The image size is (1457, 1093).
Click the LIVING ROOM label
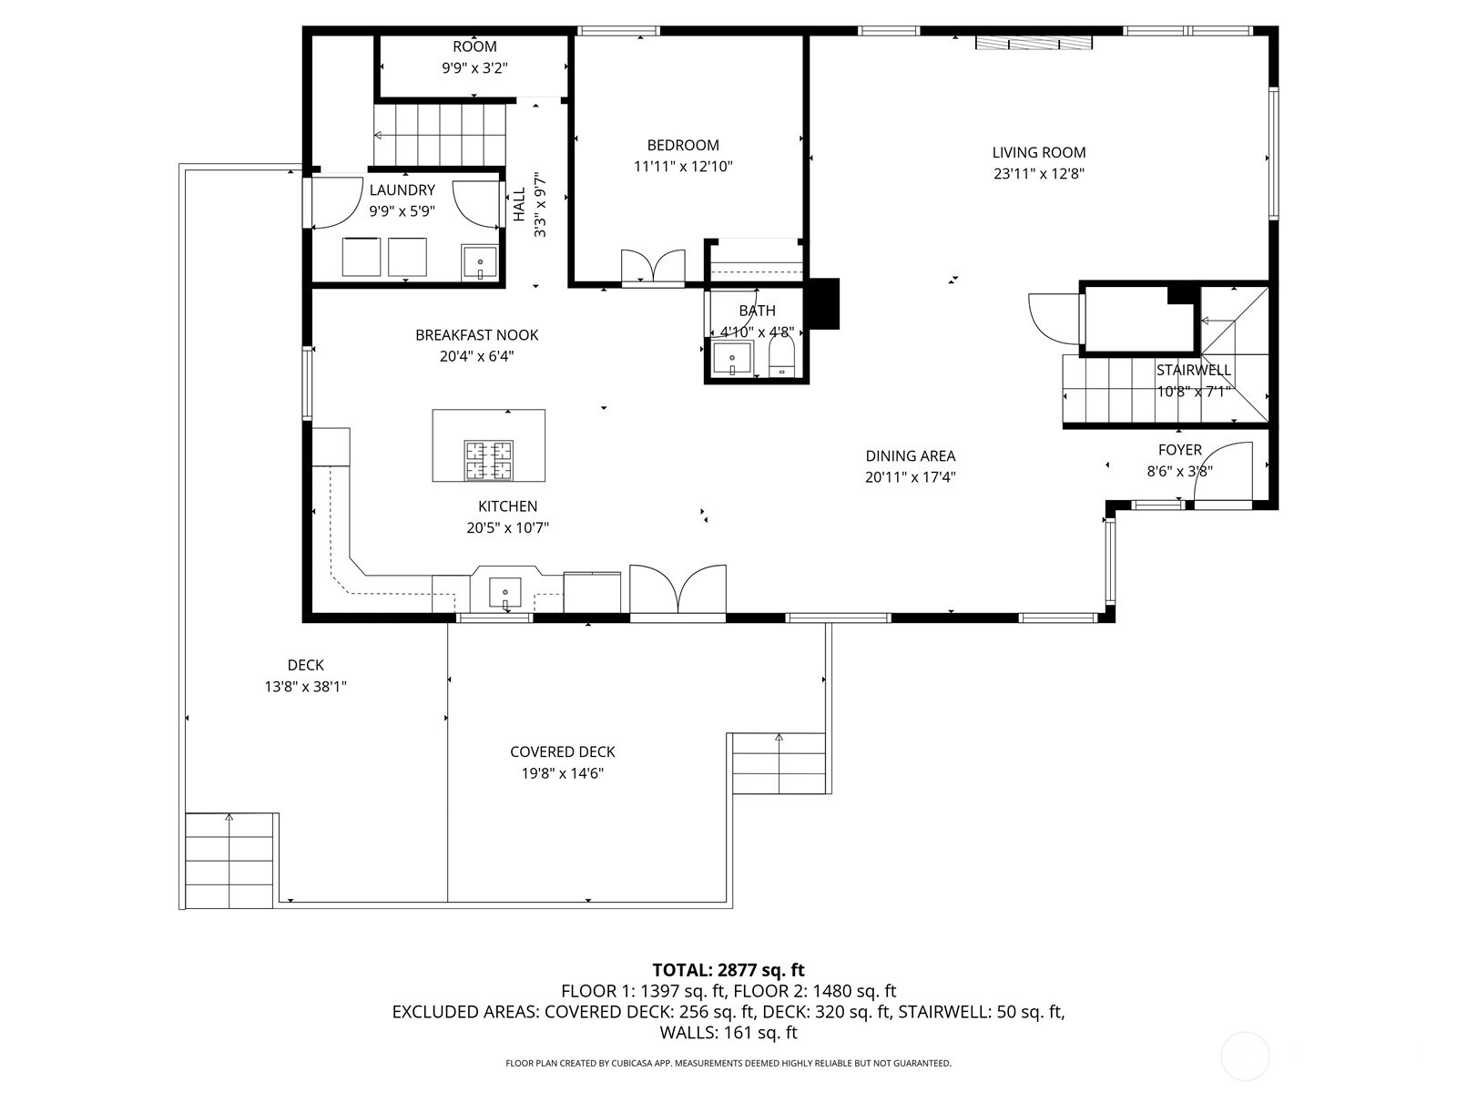(x=1038, y=153)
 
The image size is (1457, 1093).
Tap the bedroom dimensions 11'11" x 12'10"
(x=683, y=167)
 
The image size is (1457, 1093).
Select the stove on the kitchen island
(x=489, y=460)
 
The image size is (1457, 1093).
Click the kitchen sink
(x=504, y=592)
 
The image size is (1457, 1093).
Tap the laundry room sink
(x=479, y=261)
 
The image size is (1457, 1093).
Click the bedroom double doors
(x=653, y=267)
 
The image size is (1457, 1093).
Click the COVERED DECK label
(x=562, y=752)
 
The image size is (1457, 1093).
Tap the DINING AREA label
(x=910, y=456)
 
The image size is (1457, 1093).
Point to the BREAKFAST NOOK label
(x=476, y=335)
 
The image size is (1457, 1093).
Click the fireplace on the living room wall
(x=1034, y=43)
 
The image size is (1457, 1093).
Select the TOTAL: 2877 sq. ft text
(x=728, y=970)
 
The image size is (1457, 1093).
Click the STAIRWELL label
(x=1193, y=371)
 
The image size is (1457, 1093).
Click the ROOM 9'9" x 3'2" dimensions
(x=474, y=67)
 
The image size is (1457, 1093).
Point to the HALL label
(x=519, y=205)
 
